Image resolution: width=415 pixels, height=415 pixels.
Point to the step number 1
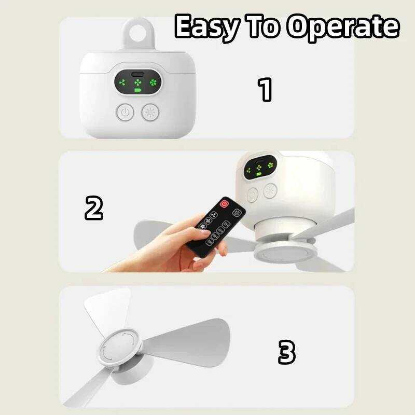coord(265,89)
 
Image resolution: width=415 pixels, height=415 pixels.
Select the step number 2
coord(94,208)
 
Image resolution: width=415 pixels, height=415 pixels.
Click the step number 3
coord(287,352)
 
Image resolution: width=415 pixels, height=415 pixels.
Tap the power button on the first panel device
coord(125,112)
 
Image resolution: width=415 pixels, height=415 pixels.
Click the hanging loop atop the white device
coord(138,34)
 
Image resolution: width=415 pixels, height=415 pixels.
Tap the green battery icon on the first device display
coord(138,90)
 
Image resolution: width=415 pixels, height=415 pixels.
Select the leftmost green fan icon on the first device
coord(122,82)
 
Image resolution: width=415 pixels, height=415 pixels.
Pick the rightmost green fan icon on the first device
coord(153,82)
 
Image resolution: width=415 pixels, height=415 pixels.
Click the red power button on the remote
coord(225,203)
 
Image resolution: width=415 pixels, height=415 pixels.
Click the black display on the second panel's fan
coord(260,168)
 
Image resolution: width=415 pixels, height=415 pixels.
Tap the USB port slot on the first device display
coord(138,74)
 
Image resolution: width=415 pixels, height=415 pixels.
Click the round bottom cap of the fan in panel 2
coord(285,253)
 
